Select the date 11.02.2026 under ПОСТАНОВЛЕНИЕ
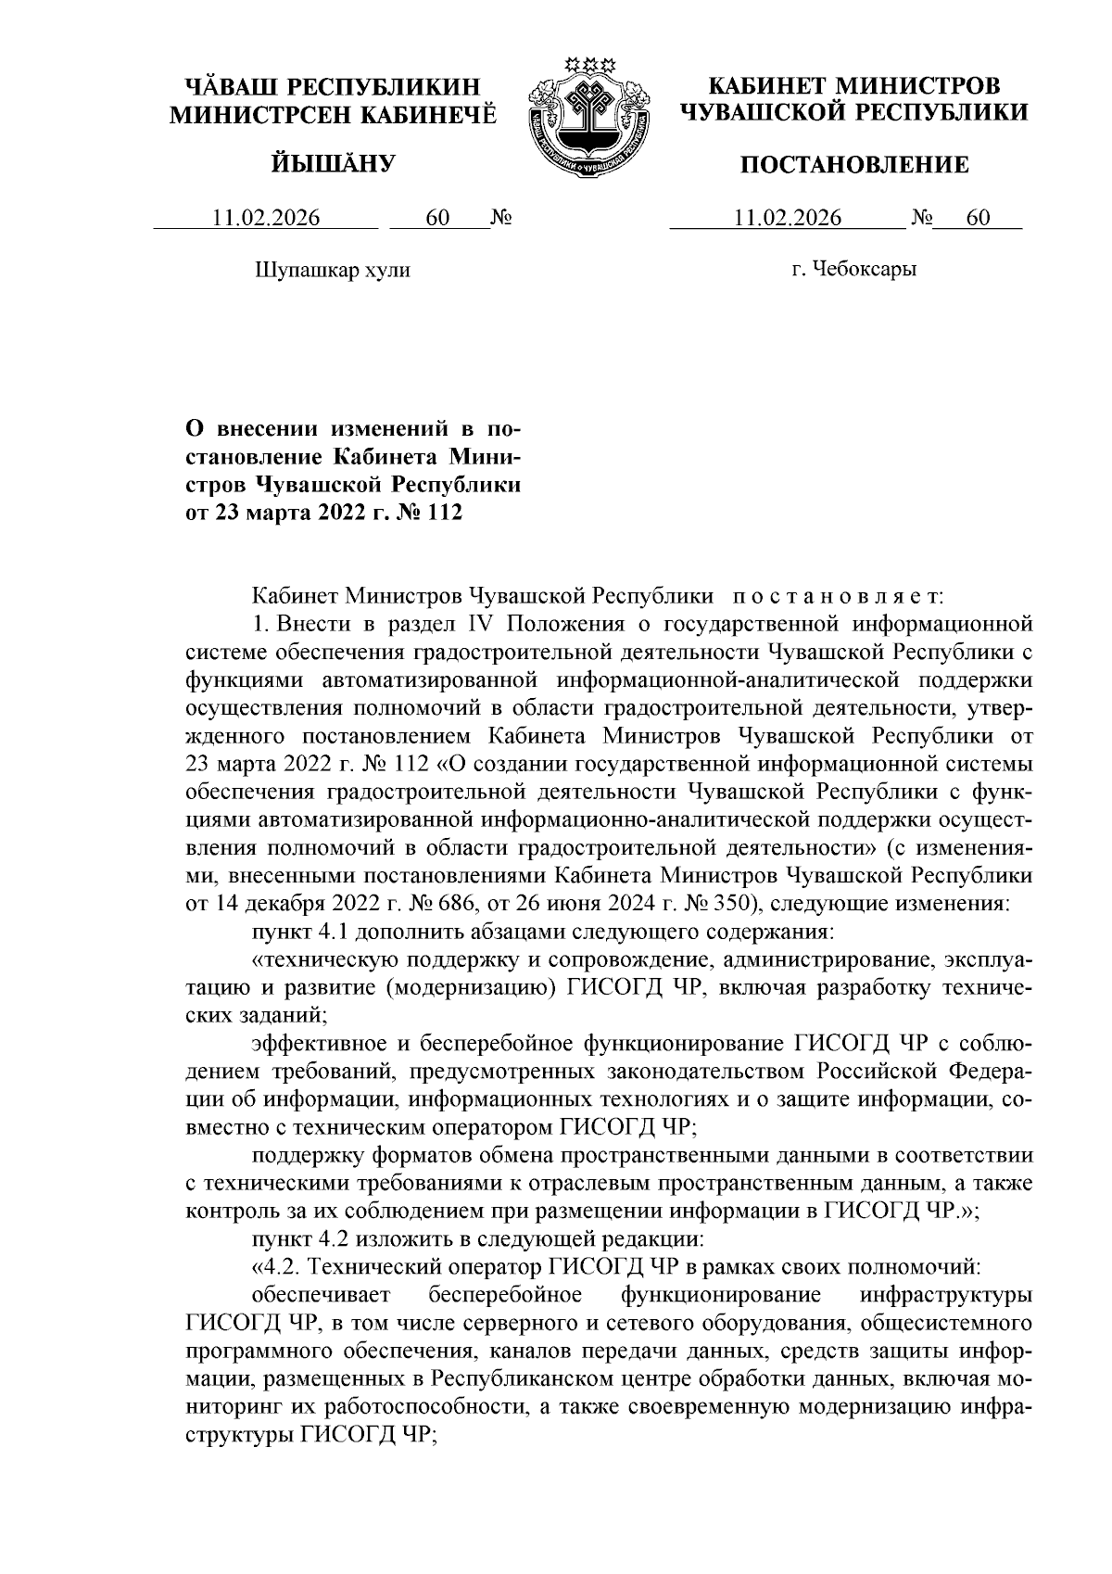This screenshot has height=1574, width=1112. pyautogui.click(x=787, y=219)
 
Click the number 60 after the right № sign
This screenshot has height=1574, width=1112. pyautogui.click(x=978, y=219)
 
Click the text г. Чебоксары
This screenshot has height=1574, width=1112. pyautogui.click(x=853, y=271)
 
